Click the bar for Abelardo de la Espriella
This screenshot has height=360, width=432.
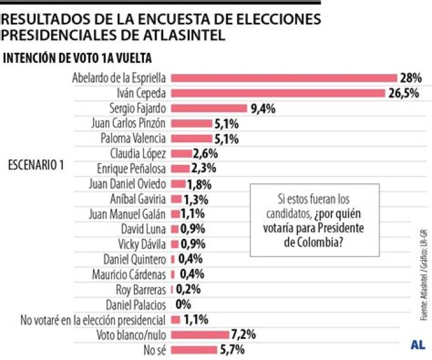pyautogui.click(x=284, y=78)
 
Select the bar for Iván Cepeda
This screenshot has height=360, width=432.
pyautogui.click(x=278, y=93)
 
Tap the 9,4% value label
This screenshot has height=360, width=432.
pyautogui.click(x=263, y=109)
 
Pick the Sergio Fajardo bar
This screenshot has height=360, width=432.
pyautogui.click(x=209, y=109)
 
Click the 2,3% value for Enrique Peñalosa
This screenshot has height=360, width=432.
pyautogui.click(x=204, y=169)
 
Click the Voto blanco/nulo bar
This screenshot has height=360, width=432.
pyautogui.click(x=200, y=334)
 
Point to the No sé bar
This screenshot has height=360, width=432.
pyautogui.click(x=194, y=349)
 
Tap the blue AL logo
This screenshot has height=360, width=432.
pyautogui.click(x=418, y=344)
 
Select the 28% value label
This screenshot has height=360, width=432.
pyautogui.click(x=412, y=78)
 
